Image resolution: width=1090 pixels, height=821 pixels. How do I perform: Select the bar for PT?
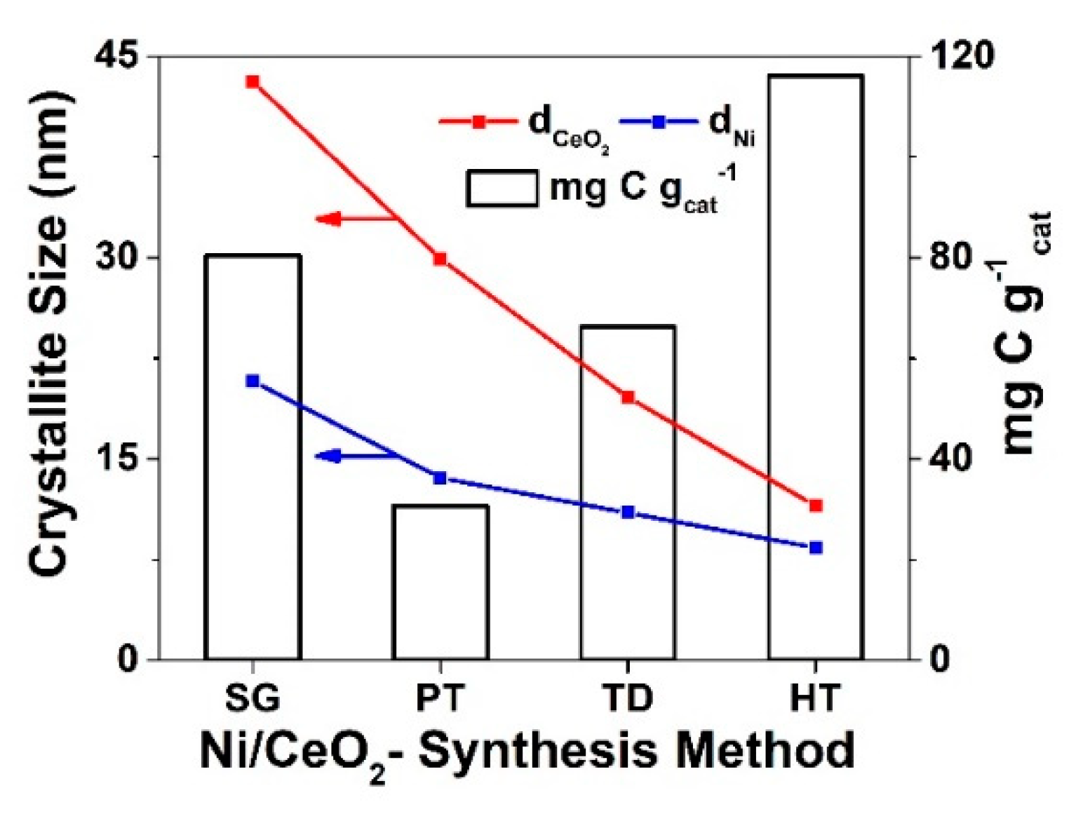[440, 582]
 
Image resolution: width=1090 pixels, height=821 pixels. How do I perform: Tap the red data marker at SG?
[253, 82]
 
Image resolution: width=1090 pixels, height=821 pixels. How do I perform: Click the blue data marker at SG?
[253, 381]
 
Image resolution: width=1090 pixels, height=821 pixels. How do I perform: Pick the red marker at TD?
[628, 398]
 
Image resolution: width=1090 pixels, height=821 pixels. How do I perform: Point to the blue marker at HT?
[815, 548]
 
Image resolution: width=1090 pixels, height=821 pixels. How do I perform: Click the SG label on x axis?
[253, 698]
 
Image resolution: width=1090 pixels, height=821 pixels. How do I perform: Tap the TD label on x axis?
[627, 698]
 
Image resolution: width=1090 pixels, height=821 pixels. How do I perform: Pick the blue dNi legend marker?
[659, 122]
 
